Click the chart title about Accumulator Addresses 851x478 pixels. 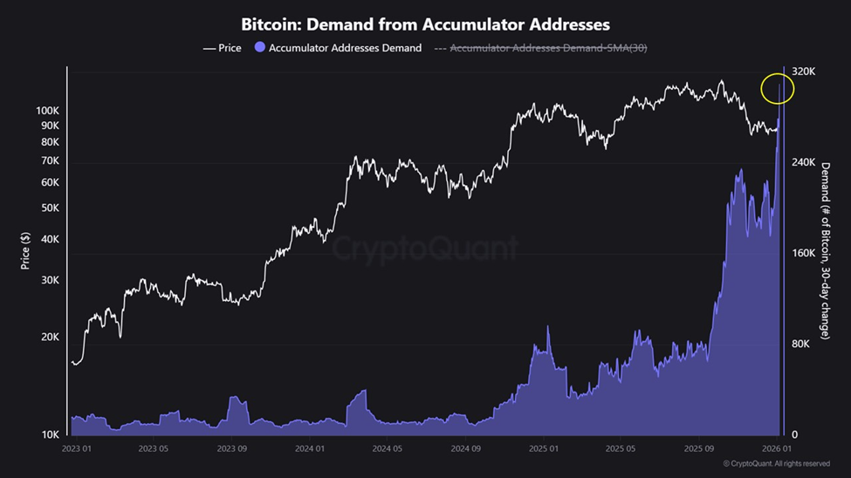(425, 24)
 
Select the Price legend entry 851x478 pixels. (223, 48)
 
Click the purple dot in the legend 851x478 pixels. (260, 48)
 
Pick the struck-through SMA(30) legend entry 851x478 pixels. (546, 48)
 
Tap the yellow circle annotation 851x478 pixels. (777, 88)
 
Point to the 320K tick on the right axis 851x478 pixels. (802, 72)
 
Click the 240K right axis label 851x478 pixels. (802, 162)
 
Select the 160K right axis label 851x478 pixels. (802, 253)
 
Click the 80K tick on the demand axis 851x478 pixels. (800, 344)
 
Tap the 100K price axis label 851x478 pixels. (48, 111)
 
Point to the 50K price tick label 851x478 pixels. (51, 208)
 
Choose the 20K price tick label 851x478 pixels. (51, 338)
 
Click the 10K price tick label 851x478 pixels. (51, 434)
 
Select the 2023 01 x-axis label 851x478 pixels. (76, 449)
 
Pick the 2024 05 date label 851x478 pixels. (388, 449)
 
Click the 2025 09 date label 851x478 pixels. (699, 449)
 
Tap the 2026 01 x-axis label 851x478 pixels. (775, 449)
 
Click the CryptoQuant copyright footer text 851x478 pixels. (776, 464)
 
